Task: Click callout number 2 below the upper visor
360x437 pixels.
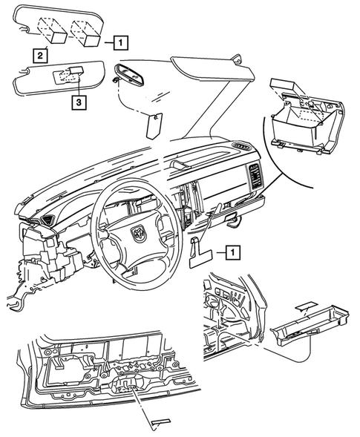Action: pos(36,54)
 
